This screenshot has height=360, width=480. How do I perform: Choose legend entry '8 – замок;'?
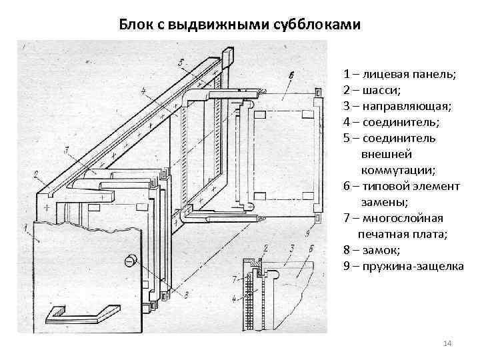(x=372, y=250)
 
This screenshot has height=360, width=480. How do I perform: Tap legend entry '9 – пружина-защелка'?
(x=403, y=266)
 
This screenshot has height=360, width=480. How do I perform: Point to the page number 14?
(x=447, y=343)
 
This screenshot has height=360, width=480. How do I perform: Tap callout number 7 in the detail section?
(x=235, y=277)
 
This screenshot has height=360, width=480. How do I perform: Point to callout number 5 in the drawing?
(x=181, y=61)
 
